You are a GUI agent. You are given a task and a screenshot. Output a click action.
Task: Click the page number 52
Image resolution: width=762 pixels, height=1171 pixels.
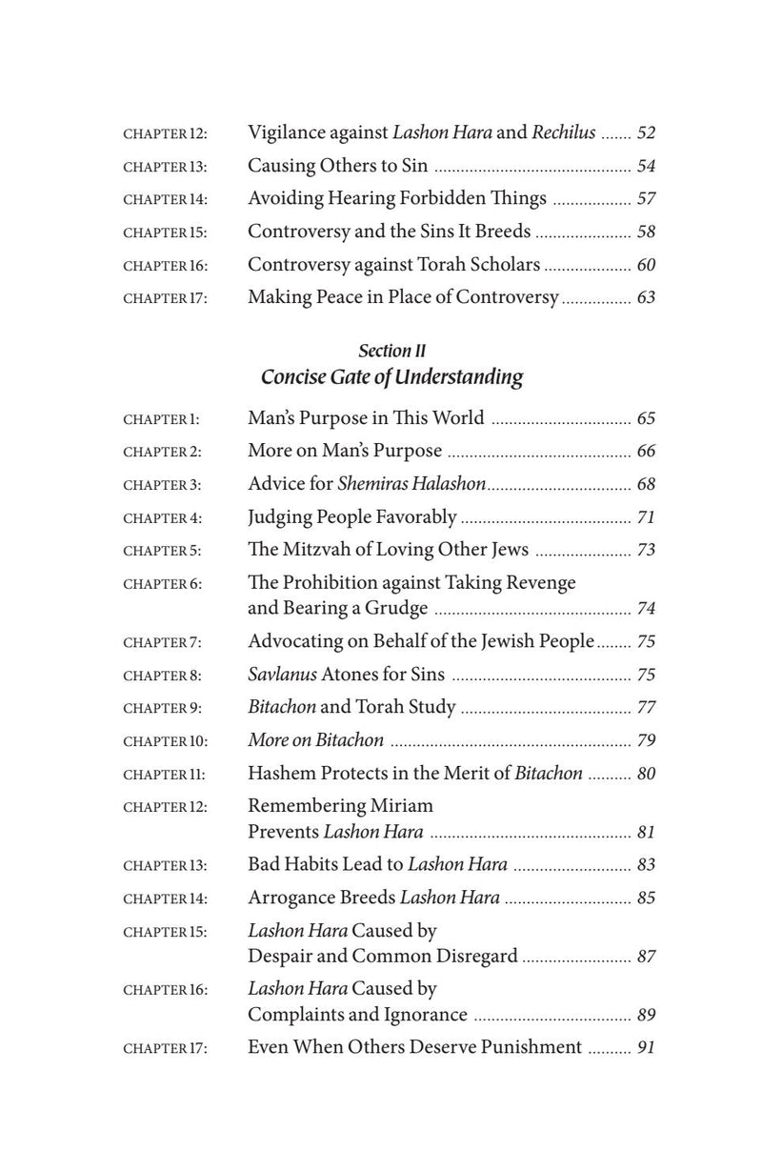[646, 132]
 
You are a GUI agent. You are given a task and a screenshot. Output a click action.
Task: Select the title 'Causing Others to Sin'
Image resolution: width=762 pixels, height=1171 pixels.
[337, 166]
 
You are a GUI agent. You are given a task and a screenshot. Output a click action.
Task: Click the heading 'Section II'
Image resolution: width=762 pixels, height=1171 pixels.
[391, 352]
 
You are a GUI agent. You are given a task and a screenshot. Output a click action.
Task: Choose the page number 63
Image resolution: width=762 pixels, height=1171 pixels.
[646, 297]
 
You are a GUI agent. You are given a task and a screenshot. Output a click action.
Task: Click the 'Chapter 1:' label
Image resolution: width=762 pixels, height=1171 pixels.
[162, 419]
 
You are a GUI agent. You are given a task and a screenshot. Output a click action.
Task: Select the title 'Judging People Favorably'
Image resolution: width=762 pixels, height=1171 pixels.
[351, 517]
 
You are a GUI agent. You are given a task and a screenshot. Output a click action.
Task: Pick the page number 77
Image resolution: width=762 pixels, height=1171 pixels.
[646, 708]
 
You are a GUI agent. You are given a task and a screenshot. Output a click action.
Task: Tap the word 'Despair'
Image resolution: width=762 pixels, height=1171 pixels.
[282, 956]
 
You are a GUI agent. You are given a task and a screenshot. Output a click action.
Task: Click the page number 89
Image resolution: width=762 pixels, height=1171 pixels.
[646, 1016]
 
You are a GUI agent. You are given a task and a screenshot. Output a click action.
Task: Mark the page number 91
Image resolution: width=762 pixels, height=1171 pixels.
[646, 1048]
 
